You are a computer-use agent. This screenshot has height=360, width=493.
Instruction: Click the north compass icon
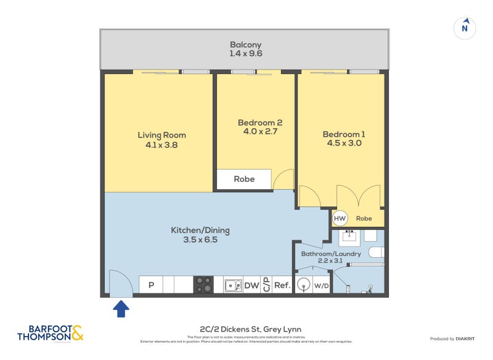pos(466,28)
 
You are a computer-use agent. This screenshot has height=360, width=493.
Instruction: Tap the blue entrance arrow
pos(121,308)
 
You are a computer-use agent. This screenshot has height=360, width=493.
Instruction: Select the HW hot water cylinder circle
pos(340,218)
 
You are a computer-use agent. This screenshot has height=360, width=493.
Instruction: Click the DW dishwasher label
pos(251,285)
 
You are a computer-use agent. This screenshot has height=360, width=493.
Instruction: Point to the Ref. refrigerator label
pos(282,285)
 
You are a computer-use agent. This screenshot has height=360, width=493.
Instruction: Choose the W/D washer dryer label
pos(321,285)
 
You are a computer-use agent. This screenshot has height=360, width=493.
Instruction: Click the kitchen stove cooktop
pos(204,285)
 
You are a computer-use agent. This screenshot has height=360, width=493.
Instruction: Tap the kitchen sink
pos(233,285)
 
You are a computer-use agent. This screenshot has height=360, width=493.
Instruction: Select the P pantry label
pos(150,285)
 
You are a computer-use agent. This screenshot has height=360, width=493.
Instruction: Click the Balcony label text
pos(246,44)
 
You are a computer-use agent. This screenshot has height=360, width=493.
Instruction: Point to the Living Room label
pos(161,135)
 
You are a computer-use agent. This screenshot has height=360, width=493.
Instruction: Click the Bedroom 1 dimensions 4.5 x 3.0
pos(341,143)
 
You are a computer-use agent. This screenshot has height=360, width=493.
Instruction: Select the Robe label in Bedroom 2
pos(243,179)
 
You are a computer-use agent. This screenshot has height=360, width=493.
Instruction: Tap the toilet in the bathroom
pos(375,252)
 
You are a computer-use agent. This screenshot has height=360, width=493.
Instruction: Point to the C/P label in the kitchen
pos(266,285)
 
